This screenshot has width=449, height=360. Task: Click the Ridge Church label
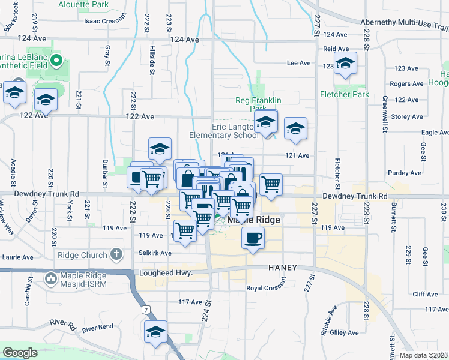point(82,255)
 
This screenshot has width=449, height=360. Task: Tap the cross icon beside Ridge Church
point(116,255)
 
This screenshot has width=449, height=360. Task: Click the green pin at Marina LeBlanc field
point(56,60)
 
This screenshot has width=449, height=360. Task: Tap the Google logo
point(20,352)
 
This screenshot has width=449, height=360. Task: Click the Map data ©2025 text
point(423,355)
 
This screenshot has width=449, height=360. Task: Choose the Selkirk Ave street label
point(155,253)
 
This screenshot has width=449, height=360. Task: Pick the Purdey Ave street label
point(405,173)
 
